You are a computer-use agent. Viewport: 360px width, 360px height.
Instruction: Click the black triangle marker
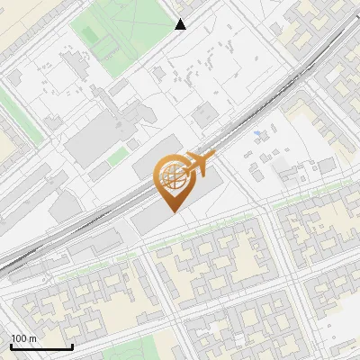(181, 24)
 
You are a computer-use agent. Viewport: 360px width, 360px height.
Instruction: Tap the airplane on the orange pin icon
(200, 164)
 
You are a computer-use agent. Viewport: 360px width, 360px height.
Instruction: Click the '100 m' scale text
(23, 338)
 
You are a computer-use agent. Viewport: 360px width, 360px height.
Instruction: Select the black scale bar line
(41, 346)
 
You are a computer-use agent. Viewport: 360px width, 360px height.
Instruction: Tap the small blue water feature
(258, 134)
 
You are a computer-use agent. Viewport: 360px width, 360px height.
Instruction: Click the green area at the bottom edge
(162, 346)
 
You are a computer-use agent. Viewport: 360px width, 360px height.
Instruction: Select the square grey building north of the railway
(205, 112)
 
